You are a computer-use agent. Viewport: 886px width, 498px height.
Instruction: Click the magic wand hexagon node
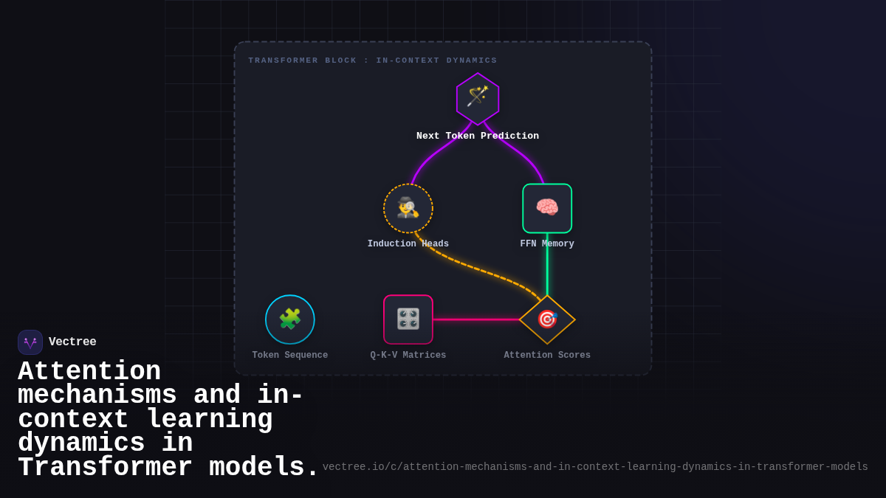(478, 99)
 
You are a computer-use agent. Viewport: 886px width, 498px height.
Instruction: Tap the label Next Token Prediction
(478, 136)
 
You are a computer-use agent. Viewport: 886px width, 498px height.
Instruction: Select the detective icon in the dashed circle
(408, 208)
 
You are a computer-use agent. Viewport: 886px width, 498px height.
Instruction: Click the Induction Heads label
(408, 244)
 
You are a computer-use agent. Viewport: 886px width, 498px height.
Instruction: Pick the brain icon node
(547, 208)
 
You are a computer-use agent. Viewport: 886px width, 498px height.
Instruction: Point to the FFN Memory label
(547, 244)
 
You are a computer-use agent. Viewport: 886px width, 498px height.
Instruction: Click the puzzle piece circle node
(290, 319)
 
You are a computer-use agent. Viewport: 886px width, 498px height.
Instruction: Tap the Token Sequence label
(290, 356)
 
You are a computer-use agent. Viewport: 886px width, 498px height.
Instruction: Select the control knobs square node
(408, 319)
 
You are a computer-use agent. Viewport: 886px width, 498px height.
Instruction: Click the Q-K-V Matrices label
(408, 356)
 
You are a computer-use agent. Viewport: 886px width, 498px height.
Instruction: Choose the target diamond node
(547, 319)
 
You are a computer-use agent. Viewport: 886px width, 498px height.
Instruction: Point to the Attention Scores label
(547, 356)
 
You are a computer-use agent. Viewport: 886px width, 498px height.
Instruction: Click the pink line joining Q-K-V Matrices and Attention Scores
(476, 319)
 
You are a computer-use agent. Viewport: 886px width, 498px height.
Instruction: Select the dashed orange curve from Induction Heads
(480, 269)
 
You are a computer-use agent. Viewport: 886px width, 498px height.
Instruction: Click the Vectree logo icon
(30, 342)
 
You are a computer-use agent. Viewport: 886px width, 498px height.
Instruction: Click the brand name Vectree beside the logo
(72, 342)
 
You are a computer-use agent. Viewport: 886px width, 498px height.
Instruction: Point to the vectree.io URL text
(595, 467)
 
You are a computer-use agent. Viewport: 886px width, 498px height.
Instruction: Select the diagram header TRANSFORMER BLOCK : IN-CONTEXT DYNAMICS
(373, 60)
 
